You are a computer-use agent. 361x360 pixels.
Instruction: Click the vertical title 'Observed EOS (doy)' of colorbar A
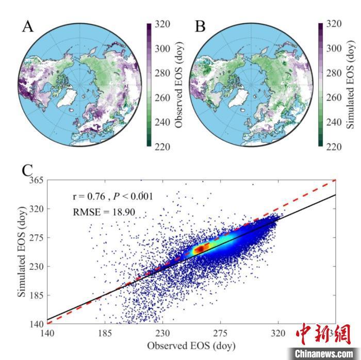(179, 85)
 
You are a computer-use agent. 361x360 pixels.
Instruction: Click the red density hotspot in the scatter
(199, 248)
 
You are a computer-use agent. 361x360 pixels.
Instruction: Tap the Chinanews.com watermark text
(325, 353)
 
